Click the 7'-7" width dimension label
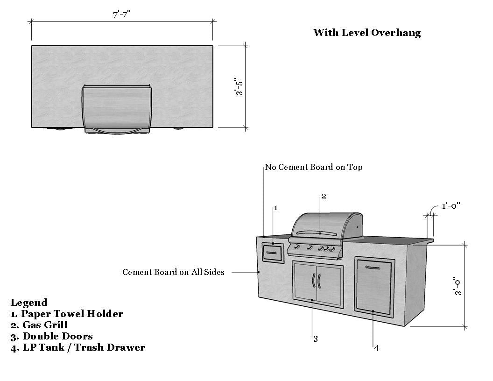(122, 14)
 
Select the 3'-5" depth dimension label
(239, 86)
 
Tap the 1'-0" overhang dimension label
(451, 206)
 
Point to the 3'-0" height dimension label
(458, 286)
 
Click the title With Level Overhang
(367, 32)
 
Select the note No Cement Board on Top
(313, 167)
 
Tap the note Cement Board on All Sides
(173, 272)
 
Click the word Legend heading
(29, 303)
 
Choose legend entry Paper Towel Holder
(67, 314)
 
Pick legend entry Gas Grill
(39, 325)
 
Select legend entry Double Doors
(51, 336)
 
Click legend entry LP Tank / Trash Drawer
(77, 347)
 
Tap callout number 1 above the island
(276, 208)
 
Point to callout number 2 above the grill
(324, 197)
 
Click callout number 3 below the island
(315, 339)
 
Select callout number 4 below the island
(376, 348)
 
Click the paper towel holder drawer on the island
(273, 253)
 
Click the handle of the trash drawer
(373, 268)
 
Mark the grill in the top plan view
(117, 109)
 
